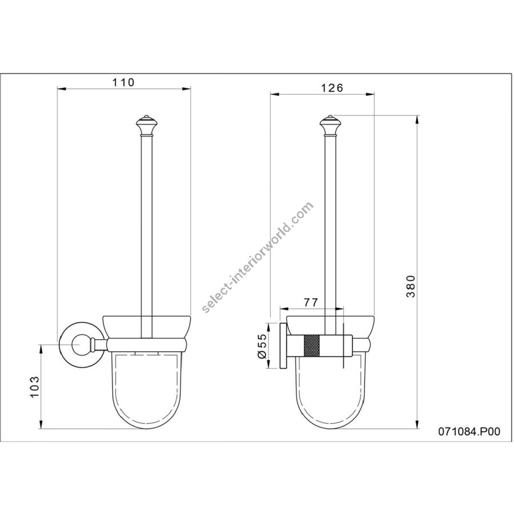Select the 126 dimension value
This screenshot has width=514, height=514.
332,88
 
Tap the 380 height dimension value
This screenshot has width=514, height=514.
411,286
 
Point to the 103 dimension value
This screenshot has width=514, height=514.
35,387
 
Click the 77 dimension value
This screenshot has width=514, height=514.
311,302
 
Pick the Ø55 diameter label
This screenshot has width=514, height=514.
263,346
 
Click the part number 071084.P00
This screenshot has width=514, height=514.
469,431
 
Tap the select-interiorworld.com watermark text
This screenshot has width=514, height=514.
258,258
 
